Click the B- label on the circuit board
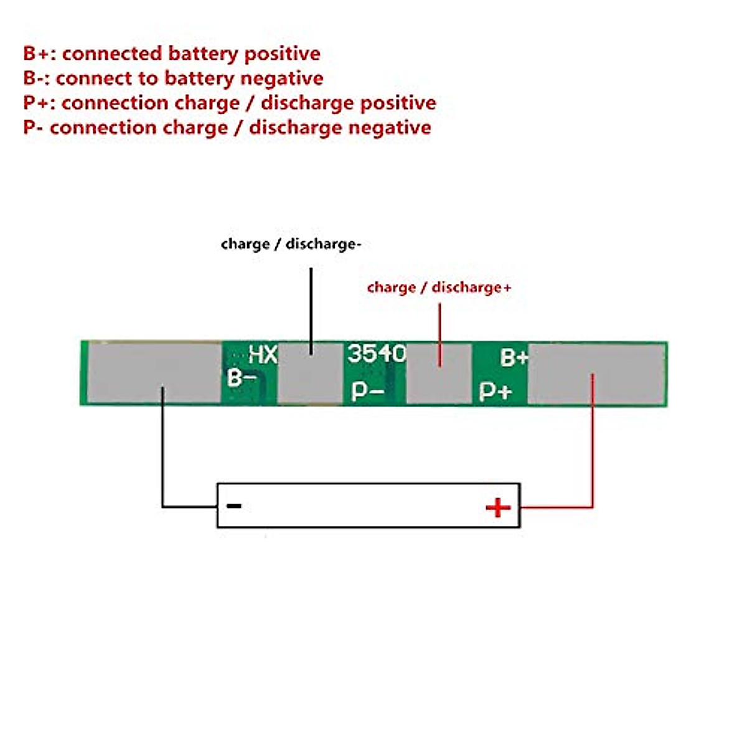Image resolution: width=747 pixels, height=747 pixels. coord(242,377)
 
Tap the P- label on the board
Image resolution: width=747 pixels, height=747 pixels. coord(367,391)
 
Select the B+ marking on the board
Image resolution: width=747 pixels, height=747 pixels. coord(514,357)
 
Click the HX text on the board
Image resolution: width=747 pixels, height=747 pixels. coord(263,354)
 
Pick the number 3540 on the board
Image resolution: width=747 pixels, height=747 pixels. coord(377,353)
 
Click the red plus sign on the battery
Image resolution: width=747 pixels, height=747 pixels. coord(498,507)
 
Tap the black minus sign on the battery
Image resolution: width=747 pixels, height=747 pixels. coord(234,505)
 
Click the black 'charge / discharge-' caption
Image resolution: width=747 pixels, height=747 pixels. coord(291,244)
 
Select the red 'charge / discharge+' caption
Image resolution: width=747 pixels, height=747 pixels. coord(439,287)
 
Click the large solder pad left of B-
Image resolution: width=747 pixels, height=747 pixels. coord(154,374)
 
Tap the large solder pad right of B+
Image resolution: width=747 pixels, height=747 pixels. coord(597,374)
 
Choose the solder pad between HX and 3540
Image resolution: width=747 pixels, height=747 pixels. coord(311,374)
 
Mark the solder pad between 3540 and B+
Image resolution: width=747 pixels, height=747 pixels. coord(439,374)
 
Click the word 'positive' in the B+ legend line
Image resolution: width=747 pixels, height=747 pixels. coord(283,54)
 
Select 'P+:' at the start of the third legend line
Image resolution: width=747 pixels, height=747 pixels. coord(40,103)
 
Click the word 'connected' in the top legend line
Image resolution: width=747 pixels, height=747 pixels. coord(112,54)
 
